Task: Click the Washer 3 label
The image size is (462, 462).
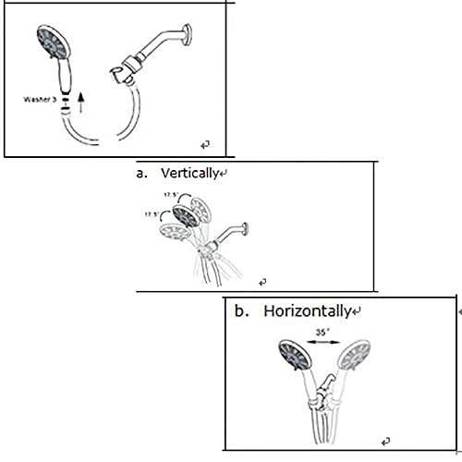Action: pos(40,100)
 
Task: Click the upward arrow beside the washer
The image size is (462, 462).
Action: pos(81,103)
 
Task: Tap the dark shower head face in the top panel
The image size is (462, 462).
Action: pos(53,43)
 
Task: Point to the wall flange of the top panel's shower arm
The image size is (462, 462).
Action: pos(187,35)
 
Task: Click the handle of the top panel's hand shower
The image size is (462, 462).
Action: pos(65,76)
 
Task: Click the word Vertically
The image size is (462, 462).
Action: pos(189,173)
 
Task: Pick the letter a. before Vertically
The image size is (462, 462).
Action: pos(141,174)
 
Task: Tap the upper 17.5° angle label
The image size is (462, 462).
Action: pos(171,195)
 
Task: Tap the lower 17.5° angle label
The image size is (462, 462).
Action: pos(152,214)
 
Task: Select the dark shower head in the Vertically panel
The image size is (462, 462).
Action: pos(186,216)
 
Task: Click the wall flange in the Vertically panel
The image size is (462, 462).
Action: pos(245,229)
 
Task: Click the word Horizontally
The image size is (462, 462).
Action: pos(308,311)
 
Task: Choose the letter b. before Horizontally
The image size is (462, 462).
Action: pos(241,311)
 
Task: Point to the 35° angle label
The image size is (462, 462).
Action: pos(322,333)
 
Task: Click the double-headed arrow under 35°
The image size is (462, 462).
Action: pos(323,342)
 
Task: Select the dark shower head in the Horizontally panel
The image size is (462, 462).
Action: pos(295,355)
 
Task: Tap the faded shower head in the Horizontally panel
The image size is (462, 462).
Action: pos(354,355)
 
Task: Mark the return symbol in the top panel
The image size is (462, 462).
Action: pos(205,144)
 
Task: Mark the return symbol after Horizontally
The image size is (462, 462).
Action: pos(357,311)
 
